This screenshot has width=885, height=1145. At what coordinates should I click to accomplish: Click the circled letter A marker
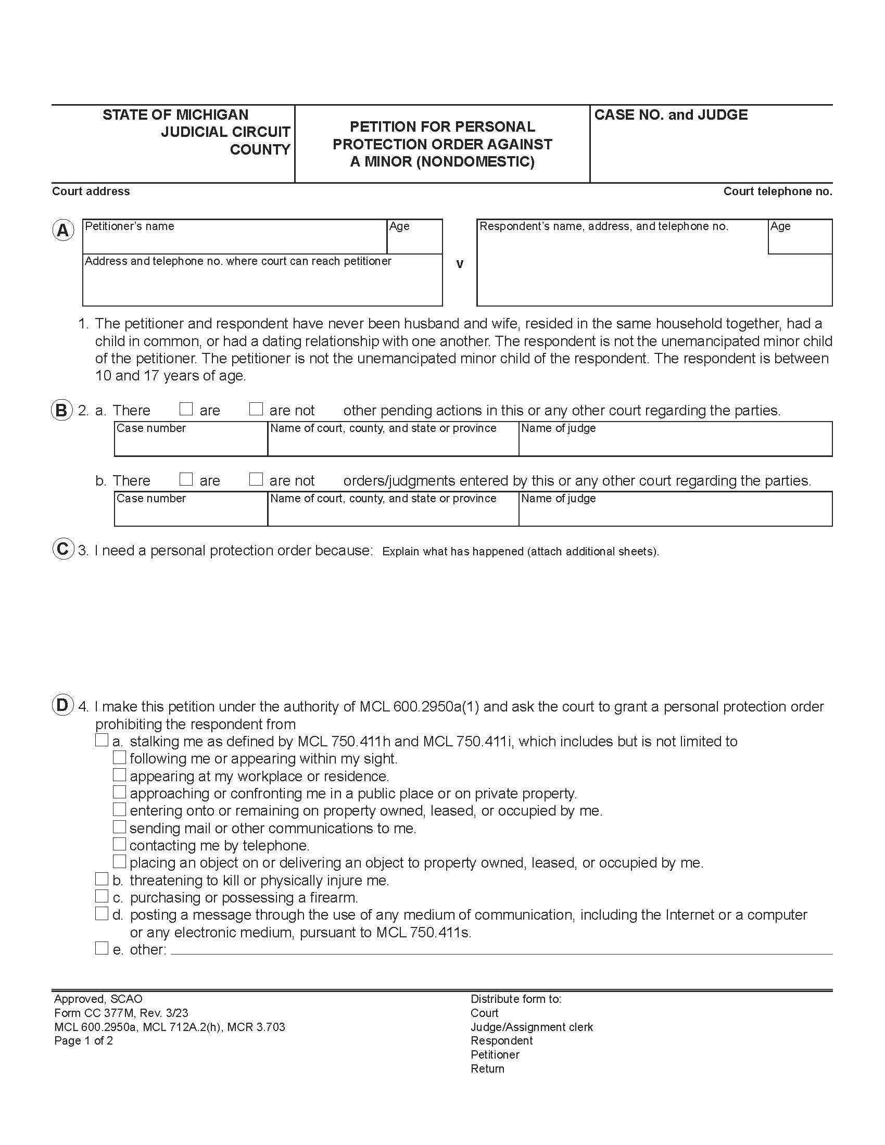[63, 231]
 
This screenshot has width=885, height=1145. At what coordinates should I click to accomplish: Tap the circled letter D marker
[62, 706]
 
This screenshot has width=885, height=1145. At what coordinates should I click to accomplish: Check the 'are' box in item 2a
[186, 409]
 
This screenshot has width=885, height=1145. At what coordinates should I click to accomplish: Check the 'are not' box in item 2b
[256, 479]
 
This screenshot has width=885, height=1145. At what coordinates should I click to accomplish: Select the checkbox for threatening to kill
[102, 879]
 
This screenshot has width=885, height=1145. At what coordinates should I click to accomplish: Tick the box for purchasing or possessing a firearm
[102, 896]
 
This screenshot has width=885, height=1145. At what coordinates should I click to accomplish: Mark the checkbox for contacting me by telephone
[120, 844]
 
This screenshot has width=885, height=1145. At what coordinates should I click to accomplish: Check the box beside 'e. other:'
[102, 948]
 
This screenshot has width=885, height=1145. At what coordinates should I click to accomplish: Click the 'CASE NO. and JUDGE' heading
[671, 115]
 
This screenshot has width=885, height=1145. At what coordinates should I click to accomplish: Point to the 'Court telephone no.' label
[778, 192]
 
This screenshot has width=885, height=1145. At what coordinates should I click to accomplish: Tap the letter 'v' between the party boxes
[460, 264]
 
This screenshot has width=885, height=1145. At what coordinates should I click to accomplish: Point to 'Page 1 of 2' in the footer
[83, 1041]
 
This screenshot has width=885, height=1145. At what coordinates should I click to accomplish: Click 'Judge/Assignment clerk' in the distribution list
[532, 1027]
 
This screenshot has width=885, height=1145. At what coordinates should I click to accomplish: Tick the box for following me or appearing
[120, 758]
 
